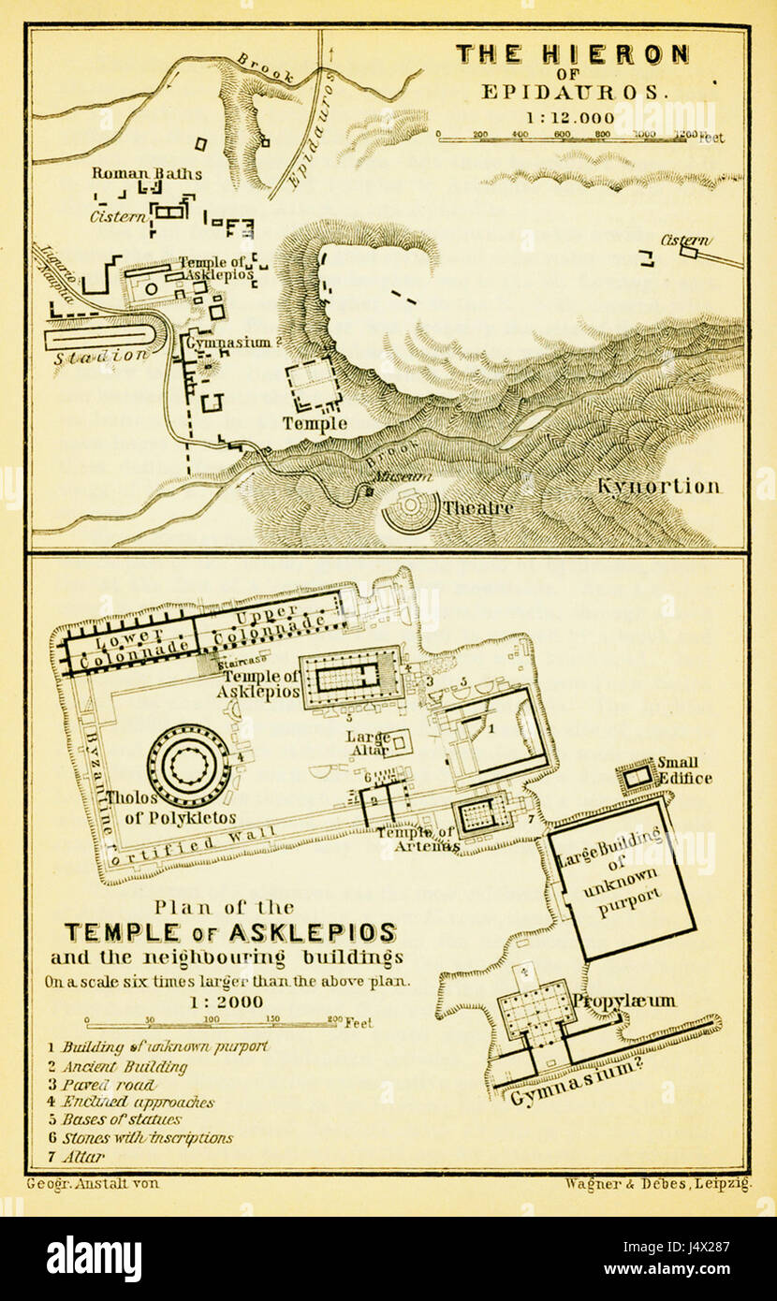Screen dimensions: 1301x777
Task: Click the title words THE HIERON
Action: pyautogui.click(x=572, y=54)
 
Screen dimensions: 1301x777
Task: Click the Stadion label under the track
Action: pyautogui.click(x=100, y=357)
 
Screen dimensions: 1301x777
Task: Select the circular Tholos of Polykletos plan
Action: pyautogui.click(x=188, y=767)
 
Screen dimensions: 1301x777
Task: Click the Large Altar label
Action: pyautogui.click(x=370, y=743)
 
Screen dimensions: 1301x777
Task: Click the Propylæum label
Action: pyautogui.click(x=624, y=1001)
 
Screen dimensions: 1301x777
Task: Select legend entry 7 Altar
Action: pyautogui.click(x=82, y=1157)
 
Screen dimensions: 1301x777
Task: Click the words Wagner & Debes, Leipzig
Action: pyautogui.click(x=657, y=1184)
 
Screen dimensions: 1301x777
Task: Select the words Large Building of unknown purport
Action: pyautogui.click(x=622, y=876)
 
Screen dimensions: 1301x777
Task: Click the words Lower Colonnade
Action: pyautogui.click(x=130, y=650)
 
